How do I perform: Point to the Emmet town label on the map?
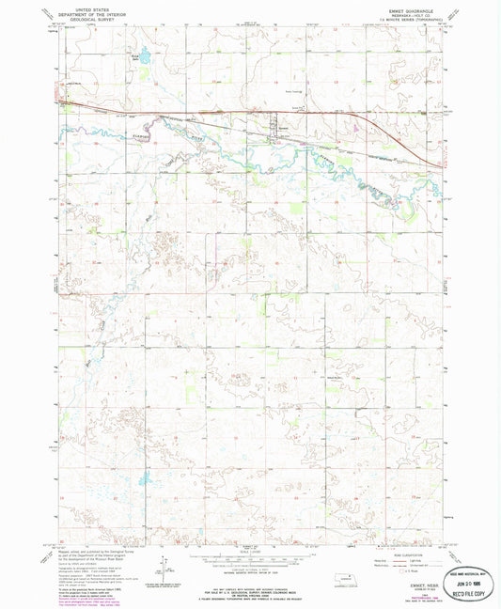tap(282, 129)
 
